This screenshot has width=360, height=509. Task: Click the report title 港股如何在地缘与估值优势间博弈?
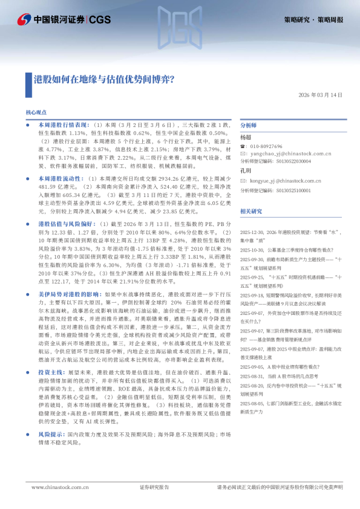tap(105, 79)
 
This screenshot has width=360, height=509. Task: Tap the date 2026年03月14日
tap(320, 95)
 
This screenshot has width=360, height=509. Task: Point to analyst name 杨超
tap(246, 137)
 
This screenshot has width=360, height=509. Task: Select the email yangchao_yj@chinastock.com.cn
tap(284, 154)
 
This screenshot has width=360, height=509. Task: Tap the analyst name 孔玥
tap(246, 171)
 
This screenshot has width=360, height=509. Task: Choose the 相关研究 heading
tap(251, 211)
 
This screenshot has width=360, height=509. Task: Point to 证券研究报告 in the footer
tap(155, 487)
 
